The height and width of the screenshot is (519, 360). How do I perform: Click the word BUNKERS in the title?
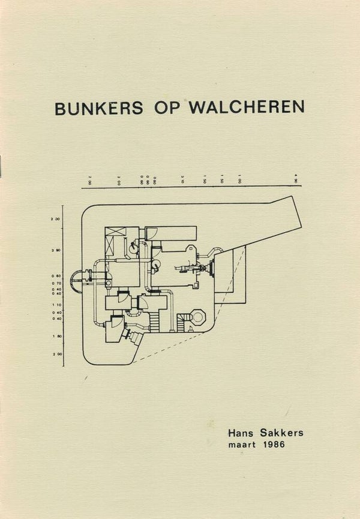(x=99, y=107)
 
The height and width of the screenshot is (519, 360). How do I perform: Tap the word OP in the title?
(x=166, y=107)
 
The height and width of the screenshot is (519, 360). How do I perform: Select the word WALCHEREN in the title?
(x=247, y=107)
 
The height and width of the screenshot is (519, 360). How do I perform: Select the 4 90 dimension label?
(x=295, y=179)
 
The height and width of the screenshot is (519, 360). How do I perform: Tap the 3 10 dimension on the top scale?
(x=181, y=179)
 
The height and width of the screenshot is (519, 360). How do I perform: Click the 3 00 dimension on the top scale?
(x=120, y=179)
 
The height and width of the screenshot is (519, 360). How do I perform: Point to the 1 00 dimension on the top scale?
(x=239, y=179)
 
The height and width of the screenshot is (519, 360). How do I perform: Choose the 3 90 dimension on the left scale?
(x=56, y=250)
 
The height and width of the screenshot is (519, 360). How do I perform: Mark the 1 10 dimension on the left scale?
(x=56, y=304)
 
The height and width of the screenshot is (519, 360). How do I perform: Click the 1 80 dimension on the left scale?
(x=56, y=336)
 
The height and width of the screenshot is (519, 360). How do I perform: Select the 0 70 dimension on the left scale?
(x=56, y=283)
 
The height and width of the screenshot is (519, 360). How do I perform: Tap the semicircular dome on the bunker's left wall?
(x=77, y=281)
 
